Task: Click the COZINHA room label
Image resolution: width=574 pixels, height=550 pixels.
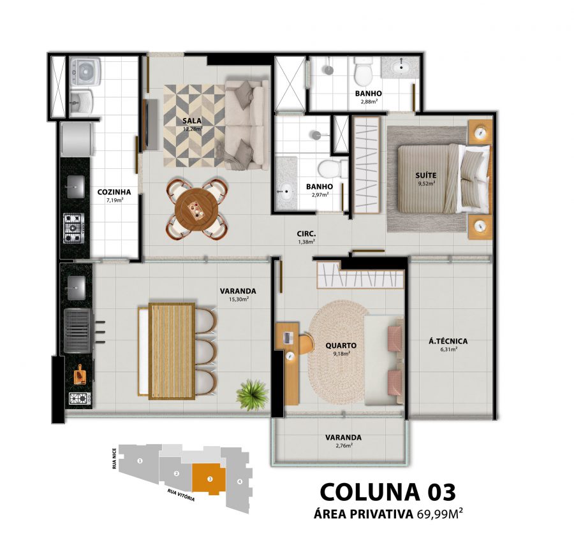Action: (x=114, y=192)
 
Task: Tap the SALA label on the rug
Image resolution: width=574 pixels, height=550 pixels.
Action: (x=192, y=120)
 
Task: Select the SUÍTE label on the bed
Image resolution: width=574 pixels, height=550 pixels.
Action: (x=426, y=175)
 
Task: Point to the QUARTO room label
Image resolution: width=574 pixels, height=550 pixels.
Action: (x=341, y=345)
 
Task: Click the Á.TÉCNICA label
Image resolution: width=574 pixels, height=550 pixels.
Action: (x=448, y=341)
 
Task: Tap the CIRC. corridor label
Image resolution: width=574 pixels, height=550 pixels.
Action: (x=306, y=234)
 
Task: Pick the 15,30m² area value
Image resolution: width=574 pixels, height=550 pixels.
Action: (x=238, y=299)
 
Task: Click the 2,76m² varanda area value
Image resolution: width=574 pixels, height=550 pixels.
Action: (x=344, y=445)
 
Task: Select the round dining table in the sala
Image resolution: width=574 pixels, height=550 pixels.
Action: (x=196, y=209)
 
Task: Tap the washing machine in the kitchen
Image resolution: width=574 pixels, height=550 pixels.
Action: (x=85, y=71)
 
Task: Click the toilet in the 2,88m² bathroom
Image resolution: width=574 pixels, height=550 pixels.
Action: (x=363, y=71)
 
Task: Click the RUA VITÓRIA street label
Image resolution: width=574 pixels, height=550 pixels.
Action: (x=181, y=495)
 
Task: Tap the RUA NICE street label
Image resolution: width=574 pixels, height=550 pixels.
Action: (x=115, y=458)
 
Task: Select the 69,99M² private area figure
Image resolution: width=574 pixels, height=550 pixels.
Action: (x=440, y=514)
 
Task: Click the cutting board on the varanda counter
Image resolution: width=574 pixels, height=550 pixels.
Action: (x=80, y=375)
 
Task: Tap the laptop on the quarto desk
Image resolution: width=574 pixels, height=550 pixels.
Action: (x=288, y=338)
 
